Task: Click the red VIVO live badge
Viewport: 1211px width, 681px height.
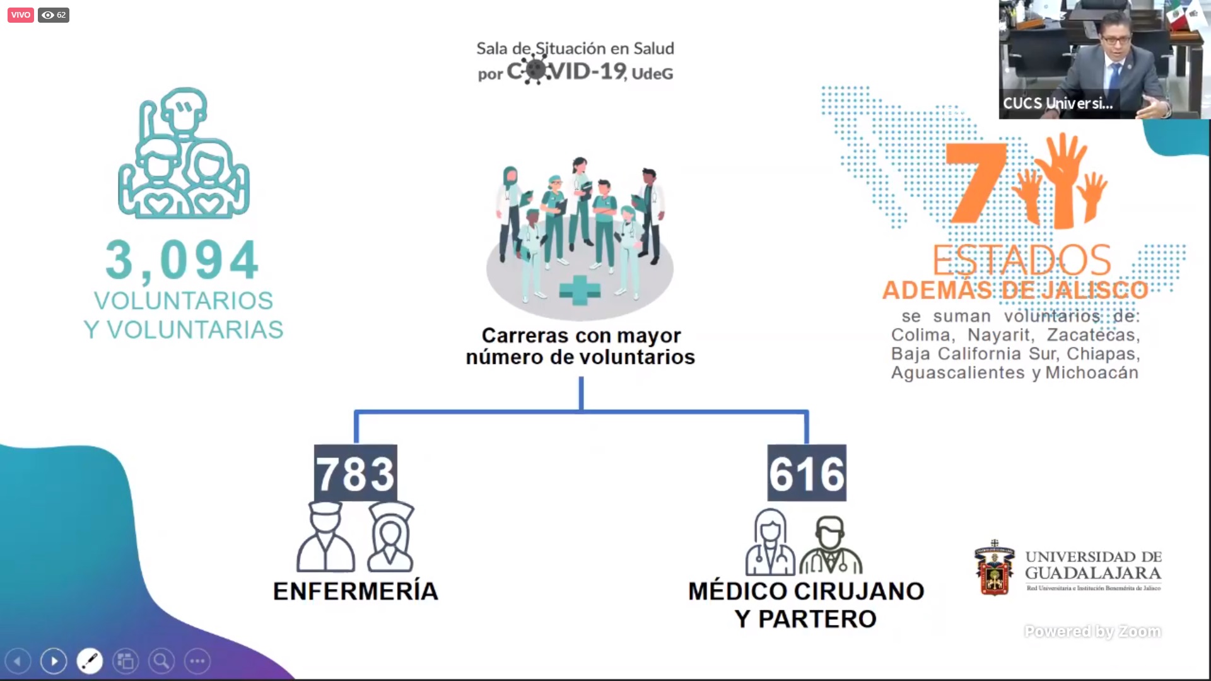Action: click(x=20, y=15)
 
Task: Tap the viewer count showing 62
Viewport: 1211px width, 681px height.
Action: click(x=54, y=15)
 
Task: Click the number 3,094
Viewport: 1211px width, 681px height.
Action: click(x=182, y=260)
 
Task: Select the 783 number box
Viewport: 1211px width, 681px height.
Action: click(x=356, y=474)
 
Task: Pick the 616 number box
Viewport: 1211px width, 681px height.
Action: click(x=807, y=474)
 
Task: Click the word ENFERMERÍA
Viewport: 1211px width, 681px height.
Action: click(x=356, y=591)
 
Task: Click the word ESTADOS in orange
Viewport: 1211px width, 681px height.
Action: click(x=1022, y=260)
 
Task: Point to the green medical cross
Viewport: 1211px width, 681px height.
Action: click(x=580, y=291)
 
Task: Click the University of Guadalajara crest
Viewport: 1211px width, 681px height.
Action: click(x=995, y=568)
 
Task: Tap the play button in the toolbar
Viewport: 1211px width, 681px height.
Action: click(x=54, y=661)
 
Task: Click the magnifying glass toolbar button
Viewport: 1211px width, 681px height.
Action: click(x=161, y=661)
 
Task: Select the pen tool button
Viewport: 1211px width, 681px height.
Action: click(x=90, y=661)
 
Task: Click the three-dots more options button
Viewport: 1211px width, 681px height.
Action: click(x=197, y=661)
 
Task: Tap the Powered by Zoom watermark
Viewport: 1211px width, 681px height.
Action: click(x=1092, y=631)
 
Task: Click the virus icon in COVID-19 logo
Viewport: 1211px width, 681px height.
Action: click(x=535, y=69)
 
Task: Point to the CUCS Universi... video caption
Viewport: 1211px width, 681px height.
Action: click(x=1058, y=103)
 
